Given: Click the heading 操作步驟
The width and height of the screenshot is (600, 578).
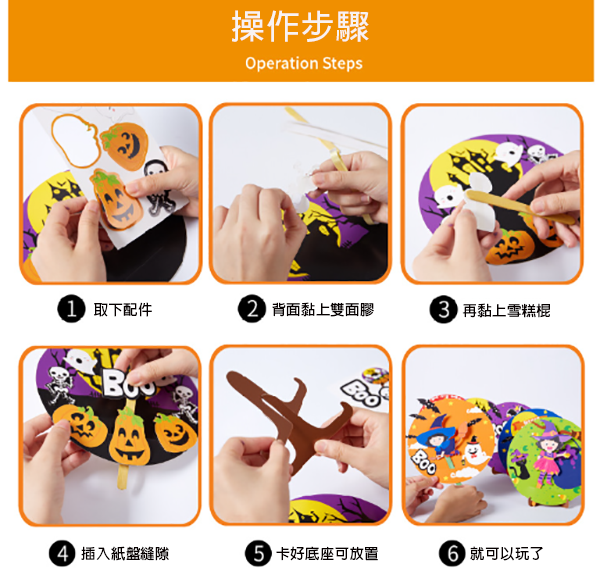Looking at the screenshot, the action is (x=300, y=26).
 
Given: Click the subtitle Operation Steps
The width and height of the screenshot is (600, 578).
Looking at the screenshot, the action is (x=304, y=63).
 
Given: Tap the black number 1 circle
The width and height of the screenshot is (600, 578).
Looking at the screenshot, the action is (x=71, y=309).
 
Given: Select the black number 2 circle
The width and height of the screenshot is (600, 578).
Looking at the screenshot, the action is (x=252, y=309).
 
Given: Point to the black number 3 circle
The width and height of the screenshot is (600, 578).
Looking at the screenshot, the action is (x=443, y=309).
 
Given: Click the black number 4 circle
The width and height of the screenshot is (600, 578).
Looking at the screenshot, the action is (x=63, y=553).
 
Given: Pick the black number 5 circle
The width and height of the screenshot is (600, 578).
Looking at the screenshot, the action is (x=259, y=553).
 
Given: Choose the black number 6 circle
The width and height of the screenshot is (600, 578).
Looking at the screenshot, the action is (x=453, y=553).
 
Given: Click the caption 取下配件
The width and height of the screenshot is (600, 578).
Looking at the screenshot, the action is (x=123, y=309).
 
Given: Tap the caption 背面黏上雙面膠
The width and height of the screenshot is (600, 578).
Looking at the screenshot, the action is (x=323, y=309).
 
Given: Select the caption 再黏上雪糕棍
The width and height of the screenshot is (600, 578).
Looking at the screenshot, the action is (x=506, y=310).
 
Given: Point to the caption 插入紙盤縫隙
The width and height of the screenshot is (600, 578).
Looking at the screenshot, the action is (x=125, y=554).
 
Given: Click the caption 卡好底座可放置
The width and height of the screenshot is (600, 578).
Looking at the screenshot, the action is (x=327, y=554).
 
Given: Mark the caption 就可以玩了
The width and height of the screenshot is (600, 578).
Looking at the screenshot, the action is (x=507, y=554).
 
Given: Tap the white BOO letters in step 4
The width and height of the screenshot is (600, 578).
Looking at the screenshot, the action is (x=130, y=384).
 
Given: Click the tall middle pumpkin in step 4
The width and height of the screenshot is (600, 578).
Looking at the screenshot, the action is (x=129, y=438).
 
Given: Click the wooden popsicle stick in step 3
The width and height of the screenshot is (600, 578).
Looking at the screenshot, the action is (x=520, y=207).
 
